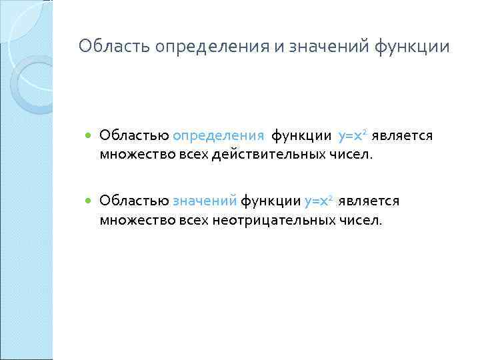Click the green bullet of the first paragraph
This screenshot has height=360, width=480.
pyautogui.click(x=89, y=137)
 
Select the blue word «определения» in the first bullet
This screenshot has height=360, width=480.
pyautogui.click(x=219, y=137)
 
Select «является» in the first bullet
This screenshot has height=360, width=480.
pyautogui.click(x=403, y=136)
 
